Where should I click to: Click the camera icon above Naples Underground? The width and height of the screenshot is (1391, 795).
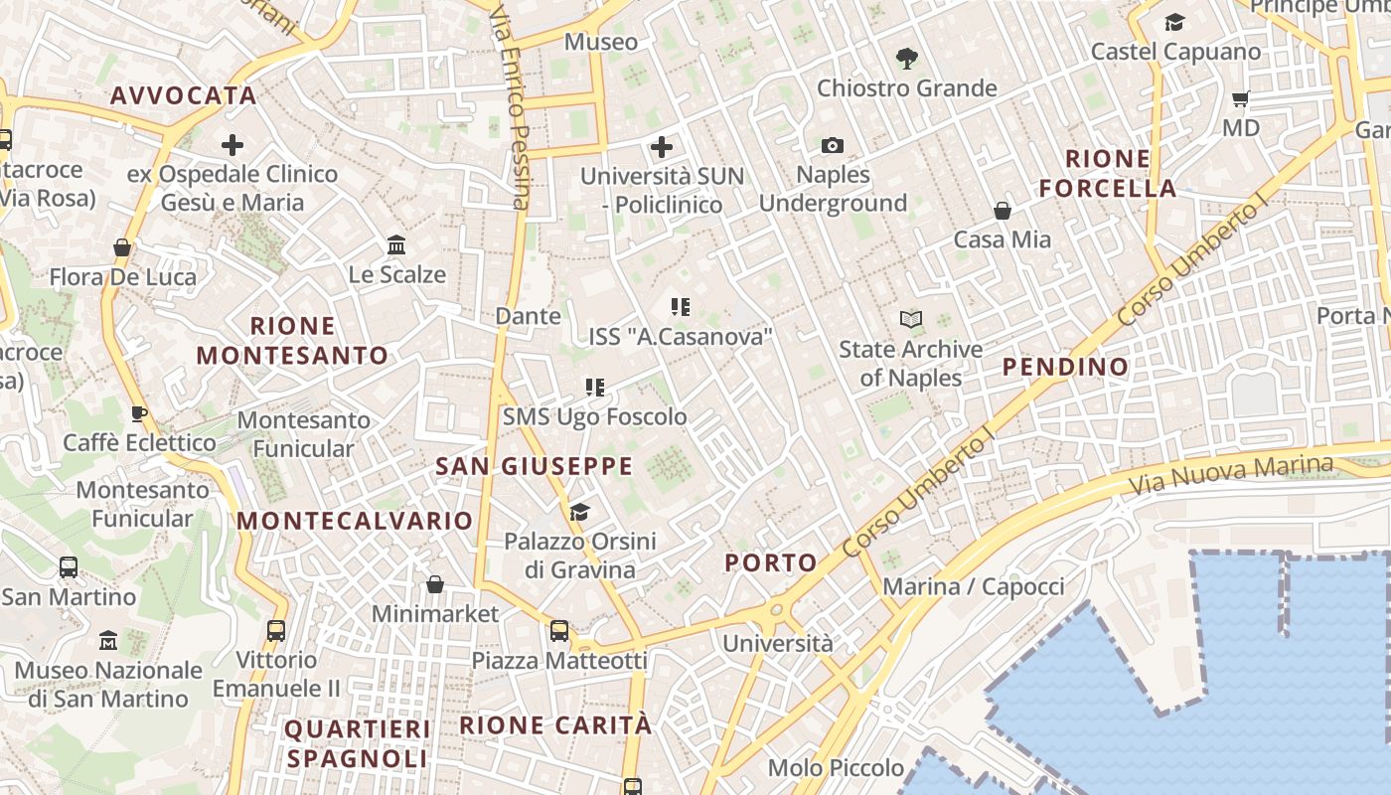click(x=833, y=146)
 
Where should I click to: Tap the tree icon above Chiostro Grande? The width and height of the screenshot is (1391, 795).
click(x=906, y=59)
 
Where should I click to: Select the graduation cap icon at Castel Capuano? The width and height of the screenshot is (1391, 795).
click(x=1174, y=22)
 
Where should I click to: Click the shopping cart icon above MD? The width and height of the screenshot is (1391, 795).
click(x=1240, y=98)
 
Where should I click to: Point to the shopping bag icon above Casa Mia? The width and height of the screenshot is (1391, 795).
click(x=1003, y=211)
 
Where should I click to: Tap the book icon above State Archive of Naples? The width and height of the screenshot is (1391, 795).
click(x=911, y=319)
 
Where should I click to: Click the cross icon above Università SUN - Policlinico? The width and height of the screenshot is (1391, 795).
click(x=662, y=148)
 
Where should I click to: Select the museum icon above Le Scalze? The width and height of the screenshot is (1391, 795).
click(x=396, y=244)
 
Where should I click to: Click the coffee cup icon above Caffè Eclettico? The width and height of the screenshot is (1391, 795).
click(x=139, y=413)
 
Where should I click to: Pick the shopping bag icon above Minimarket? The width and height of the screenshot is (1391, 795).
click(x=434, y=584)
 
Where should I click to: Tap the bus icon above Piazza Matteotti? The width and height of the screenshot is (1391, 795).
click(x=559, y=631)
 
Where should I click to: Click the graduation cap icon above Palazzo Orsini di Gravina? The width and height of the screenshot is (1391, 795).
click(x=579, y=512)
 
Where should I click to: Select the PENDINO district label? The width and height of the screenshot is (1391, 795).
click(x=1065, y=367)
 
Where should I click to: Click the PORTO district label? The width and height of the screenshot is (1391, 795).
click(x=771, y=563)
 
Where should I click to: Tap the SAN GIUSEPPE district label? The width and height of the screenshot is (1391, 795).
click(x=535, y=466)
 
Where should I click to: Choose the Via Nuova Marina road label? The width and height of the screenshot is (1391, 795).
click(x=1232, y=475)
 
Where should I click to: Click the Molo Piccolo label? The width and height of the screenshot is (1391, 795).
click(x=836, y=768)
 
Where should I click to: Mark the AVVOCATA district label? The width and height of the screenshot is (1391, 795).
click(x=184, y=95)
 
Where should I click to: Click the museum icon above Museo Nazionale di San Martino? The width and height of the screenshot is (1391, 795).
click(x=108, y=641)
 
